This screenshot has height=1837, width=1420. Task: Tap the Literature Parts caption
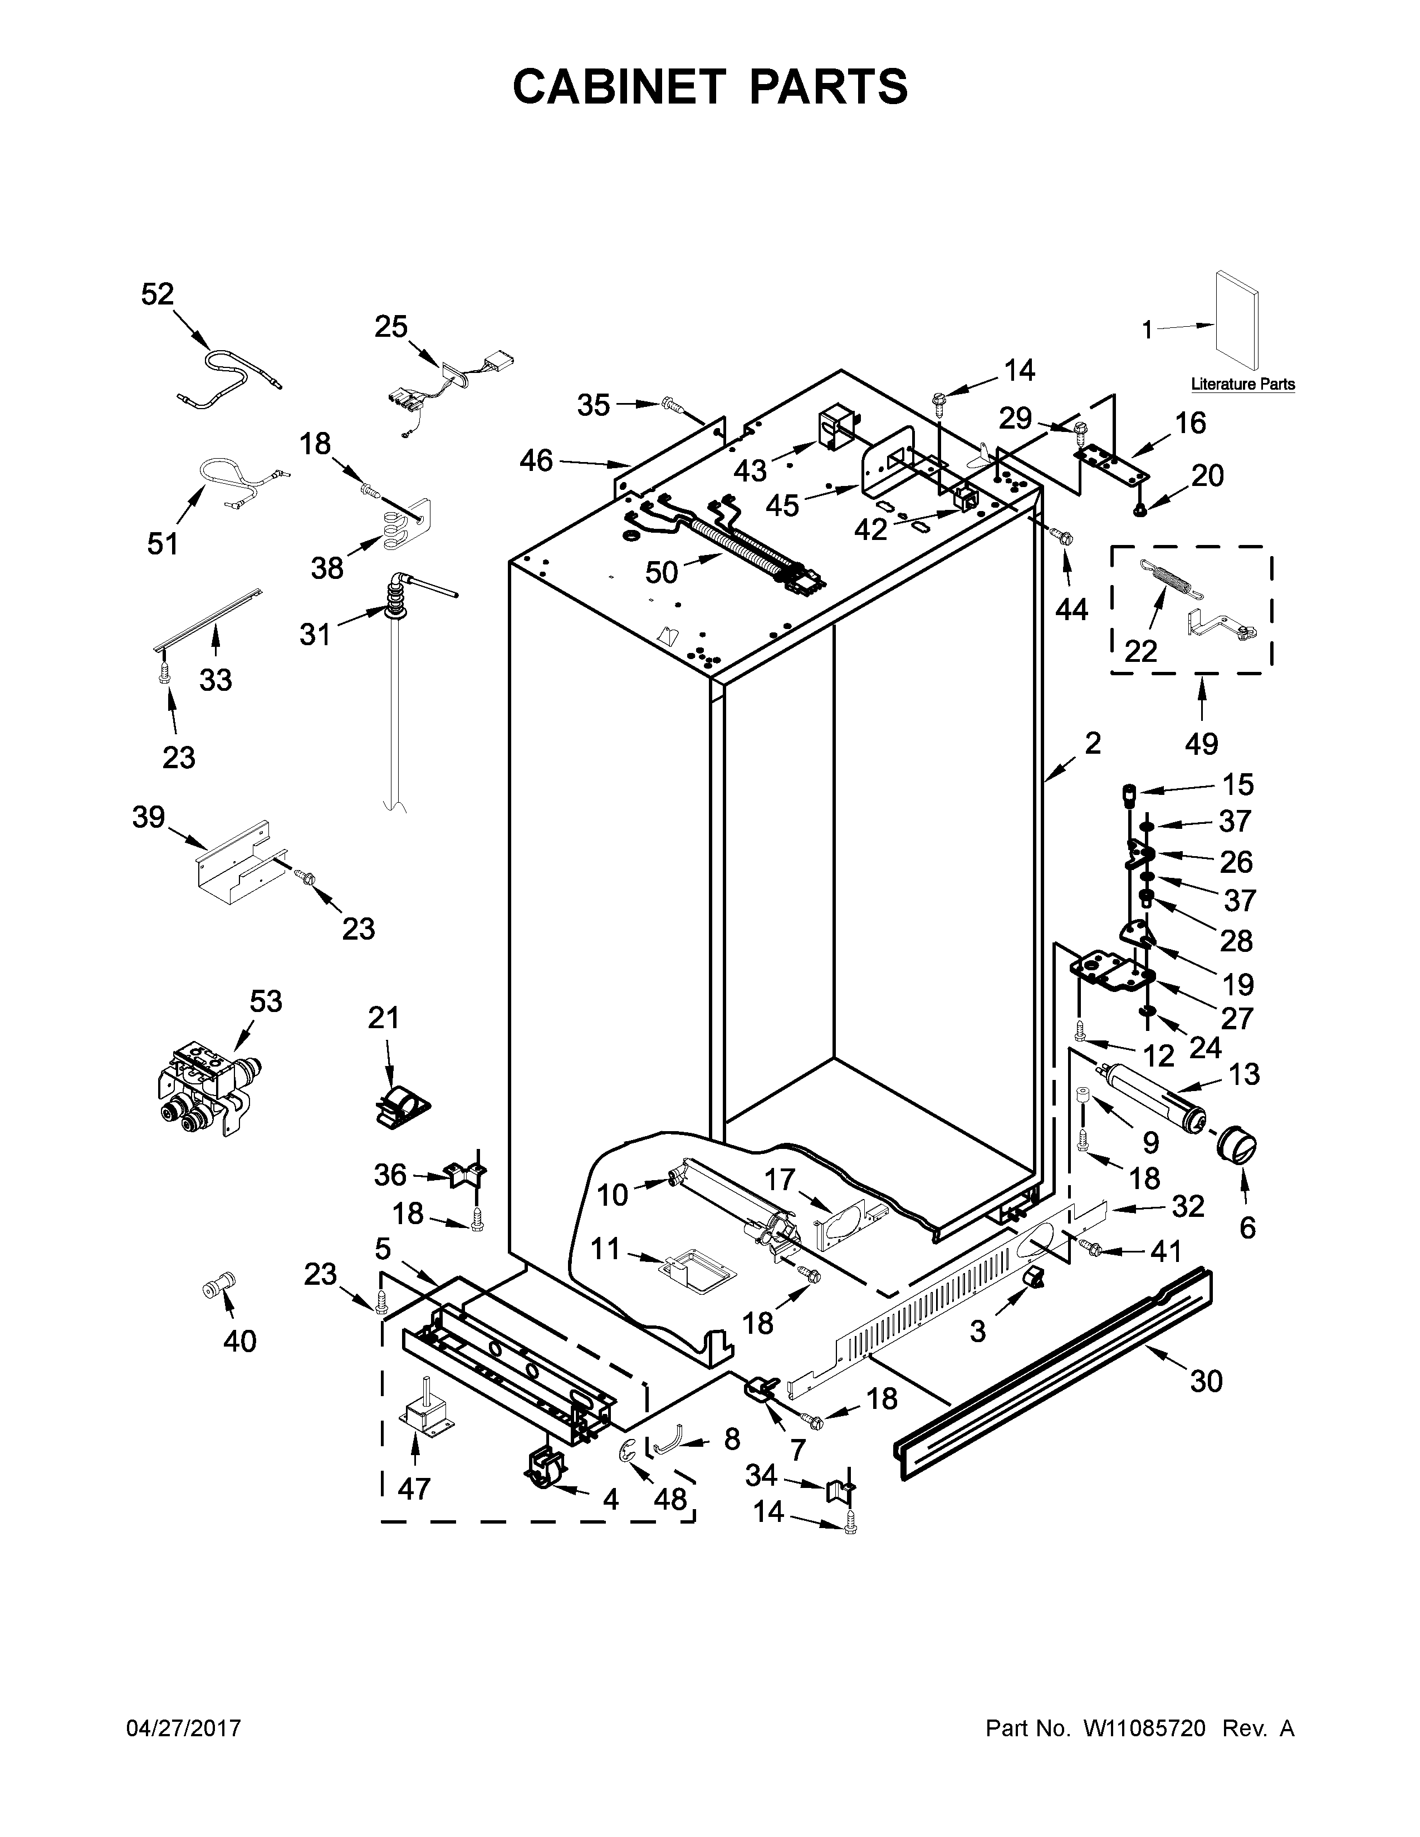(1242, 385)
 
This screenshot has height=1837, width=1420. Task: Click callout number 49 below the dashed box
(1201, 744)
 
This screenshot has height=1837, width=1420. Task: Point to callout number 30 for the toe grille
(1206, 1381)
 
